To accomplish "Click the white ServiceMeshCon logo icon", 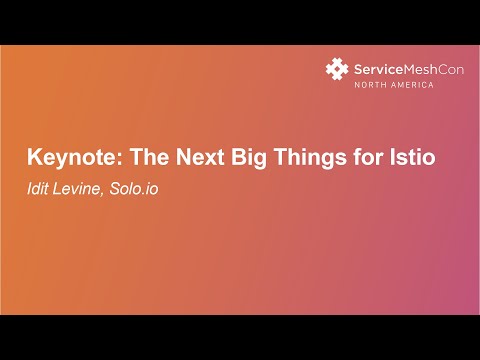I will [337, 69].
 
